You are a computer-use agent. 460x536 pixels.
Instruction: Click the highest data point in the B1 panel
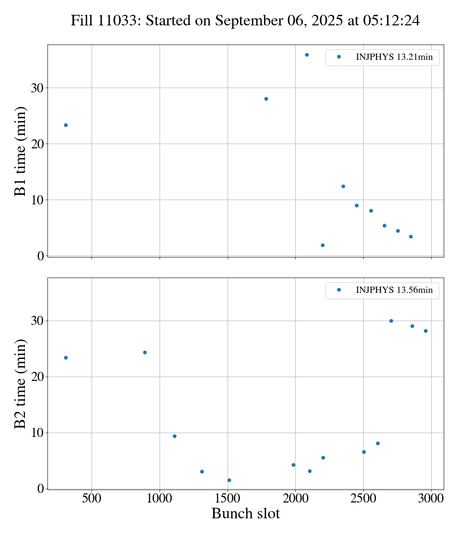(x=307, y=55)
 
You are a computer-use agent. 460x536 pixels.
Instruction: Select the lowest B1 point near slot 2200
(x=322, y=245)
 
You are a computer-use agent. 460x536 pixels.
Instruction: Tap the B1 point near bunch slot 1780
(x=266, y=99)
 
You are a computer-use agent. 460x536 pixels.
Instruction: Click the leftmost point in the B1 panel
(x=66, y=125)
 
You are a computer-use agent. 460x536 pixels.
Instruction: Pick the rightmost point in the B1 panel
(x=411, y=236)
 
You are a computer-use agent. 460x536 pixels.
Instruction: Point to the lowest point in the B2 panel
(x=229, y=480)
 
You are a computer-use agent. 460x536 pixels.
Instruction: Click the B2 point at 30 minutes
(x=391, y=321)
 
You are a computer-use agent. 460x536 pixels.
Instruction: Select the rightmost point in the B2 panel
(x=425, y=331)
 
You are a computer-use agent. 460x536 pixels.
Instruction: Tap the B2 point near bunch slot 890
(x=145, y=352)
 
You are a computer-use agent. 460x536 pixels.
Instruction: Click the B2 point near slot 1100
(x=174, y=436)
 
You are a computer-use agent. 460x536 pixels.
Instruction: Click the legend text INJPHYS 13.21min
(x=394, y=57)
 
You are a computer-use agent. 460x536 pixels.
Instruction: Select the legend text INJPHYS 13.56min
(x=394, y=290)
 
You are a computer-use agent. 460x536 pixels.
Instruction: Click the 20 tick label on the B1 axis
(x=37, y=144)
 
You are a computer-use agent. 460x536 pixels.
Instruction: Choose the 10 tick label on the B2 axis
(x=37, y=433)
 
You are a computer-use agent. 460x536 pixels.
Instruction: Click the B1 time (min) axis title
(x=20, y=151)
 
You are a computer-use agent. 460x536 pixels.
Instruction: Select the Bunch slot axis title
(x=245, y=514)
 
